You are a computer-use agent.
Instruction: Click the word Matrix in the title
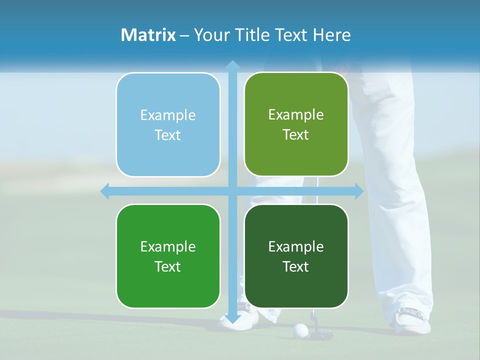pyautogui.click(x=148, y=35)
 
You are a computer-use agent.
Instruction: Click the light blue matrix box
pyautogui.click(x=168, y=125)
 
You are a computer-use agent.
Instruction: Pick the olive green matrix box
pyautogui.click(x=296, y=124)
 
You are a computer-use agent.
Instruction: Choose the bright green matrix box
pyautogui.click(x=168, y=256)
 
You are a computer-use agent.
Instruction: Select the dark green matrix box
pyautogui.click(x=296, y=256)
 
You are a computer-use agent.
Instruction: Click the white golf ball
pyautogui.click(x=300, y=329)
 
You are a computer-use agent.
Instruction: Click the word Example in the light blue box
pyautogui.click(x=168, y=115)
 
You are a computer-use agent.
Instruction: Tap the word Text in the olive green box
pyautogui.click(x=296, y=135)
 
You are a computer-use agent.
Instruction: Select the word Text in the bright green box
pyautogui.click(x=168, y=266)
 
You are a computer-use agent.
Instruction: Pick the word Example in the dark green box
pyautogui.click(x=296, y=246)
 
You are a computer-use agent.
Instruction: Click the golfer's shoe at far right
pyautogui.click(x=412, y=320)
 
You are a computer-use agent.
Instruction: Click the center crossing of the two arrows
pyautogui.click(x=232, y=191)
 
